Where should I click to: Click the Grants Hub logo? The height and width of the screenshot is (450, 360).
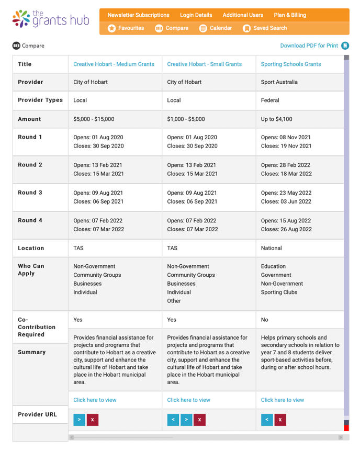[x=50, y=19]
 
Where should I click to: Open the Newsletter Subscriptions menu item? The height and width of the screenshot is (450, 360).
[x=138, y=15]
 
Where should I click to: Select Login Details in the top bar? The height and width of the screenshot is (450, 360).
[x=196, y=15]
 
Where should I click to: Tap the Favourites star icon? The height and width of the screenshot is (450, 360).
[x=112, y=28]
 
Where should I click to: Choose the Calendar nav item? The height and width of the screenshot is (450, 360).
[x=216, y=28]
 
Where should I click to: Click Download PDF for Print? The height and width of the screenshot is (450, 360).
[x=309, y=46]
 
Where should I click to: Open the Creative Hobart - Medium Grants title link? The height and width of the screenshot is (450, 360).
[x=114, y=64]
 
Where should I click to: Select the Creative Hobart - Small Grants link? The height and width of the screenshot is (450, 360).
[x=204, y=64]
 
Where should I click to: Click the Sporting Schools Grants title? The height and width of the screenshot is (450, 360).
[x=290, y=64]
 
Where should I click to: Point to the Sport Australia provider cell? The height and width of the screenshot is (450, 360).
[x=279, y=82]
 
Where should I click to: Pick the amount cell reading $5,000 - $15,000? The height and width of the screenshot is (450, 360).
[x=94, y=119]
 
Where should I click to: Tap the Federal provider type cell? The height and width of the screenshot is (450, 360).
[x=270, y=100]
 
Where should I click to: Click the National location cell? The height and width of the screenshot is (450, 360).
[x=271, y=248]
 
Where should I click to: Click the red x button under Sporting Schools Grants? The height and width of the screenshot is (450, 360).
[x=280, y=420]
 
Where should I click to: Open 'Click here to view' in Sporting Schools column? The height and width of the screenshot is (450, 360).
[x=282, y=400]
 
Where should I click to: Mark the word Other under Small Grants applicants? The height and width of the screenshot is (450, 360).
[x=174, y=301]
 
